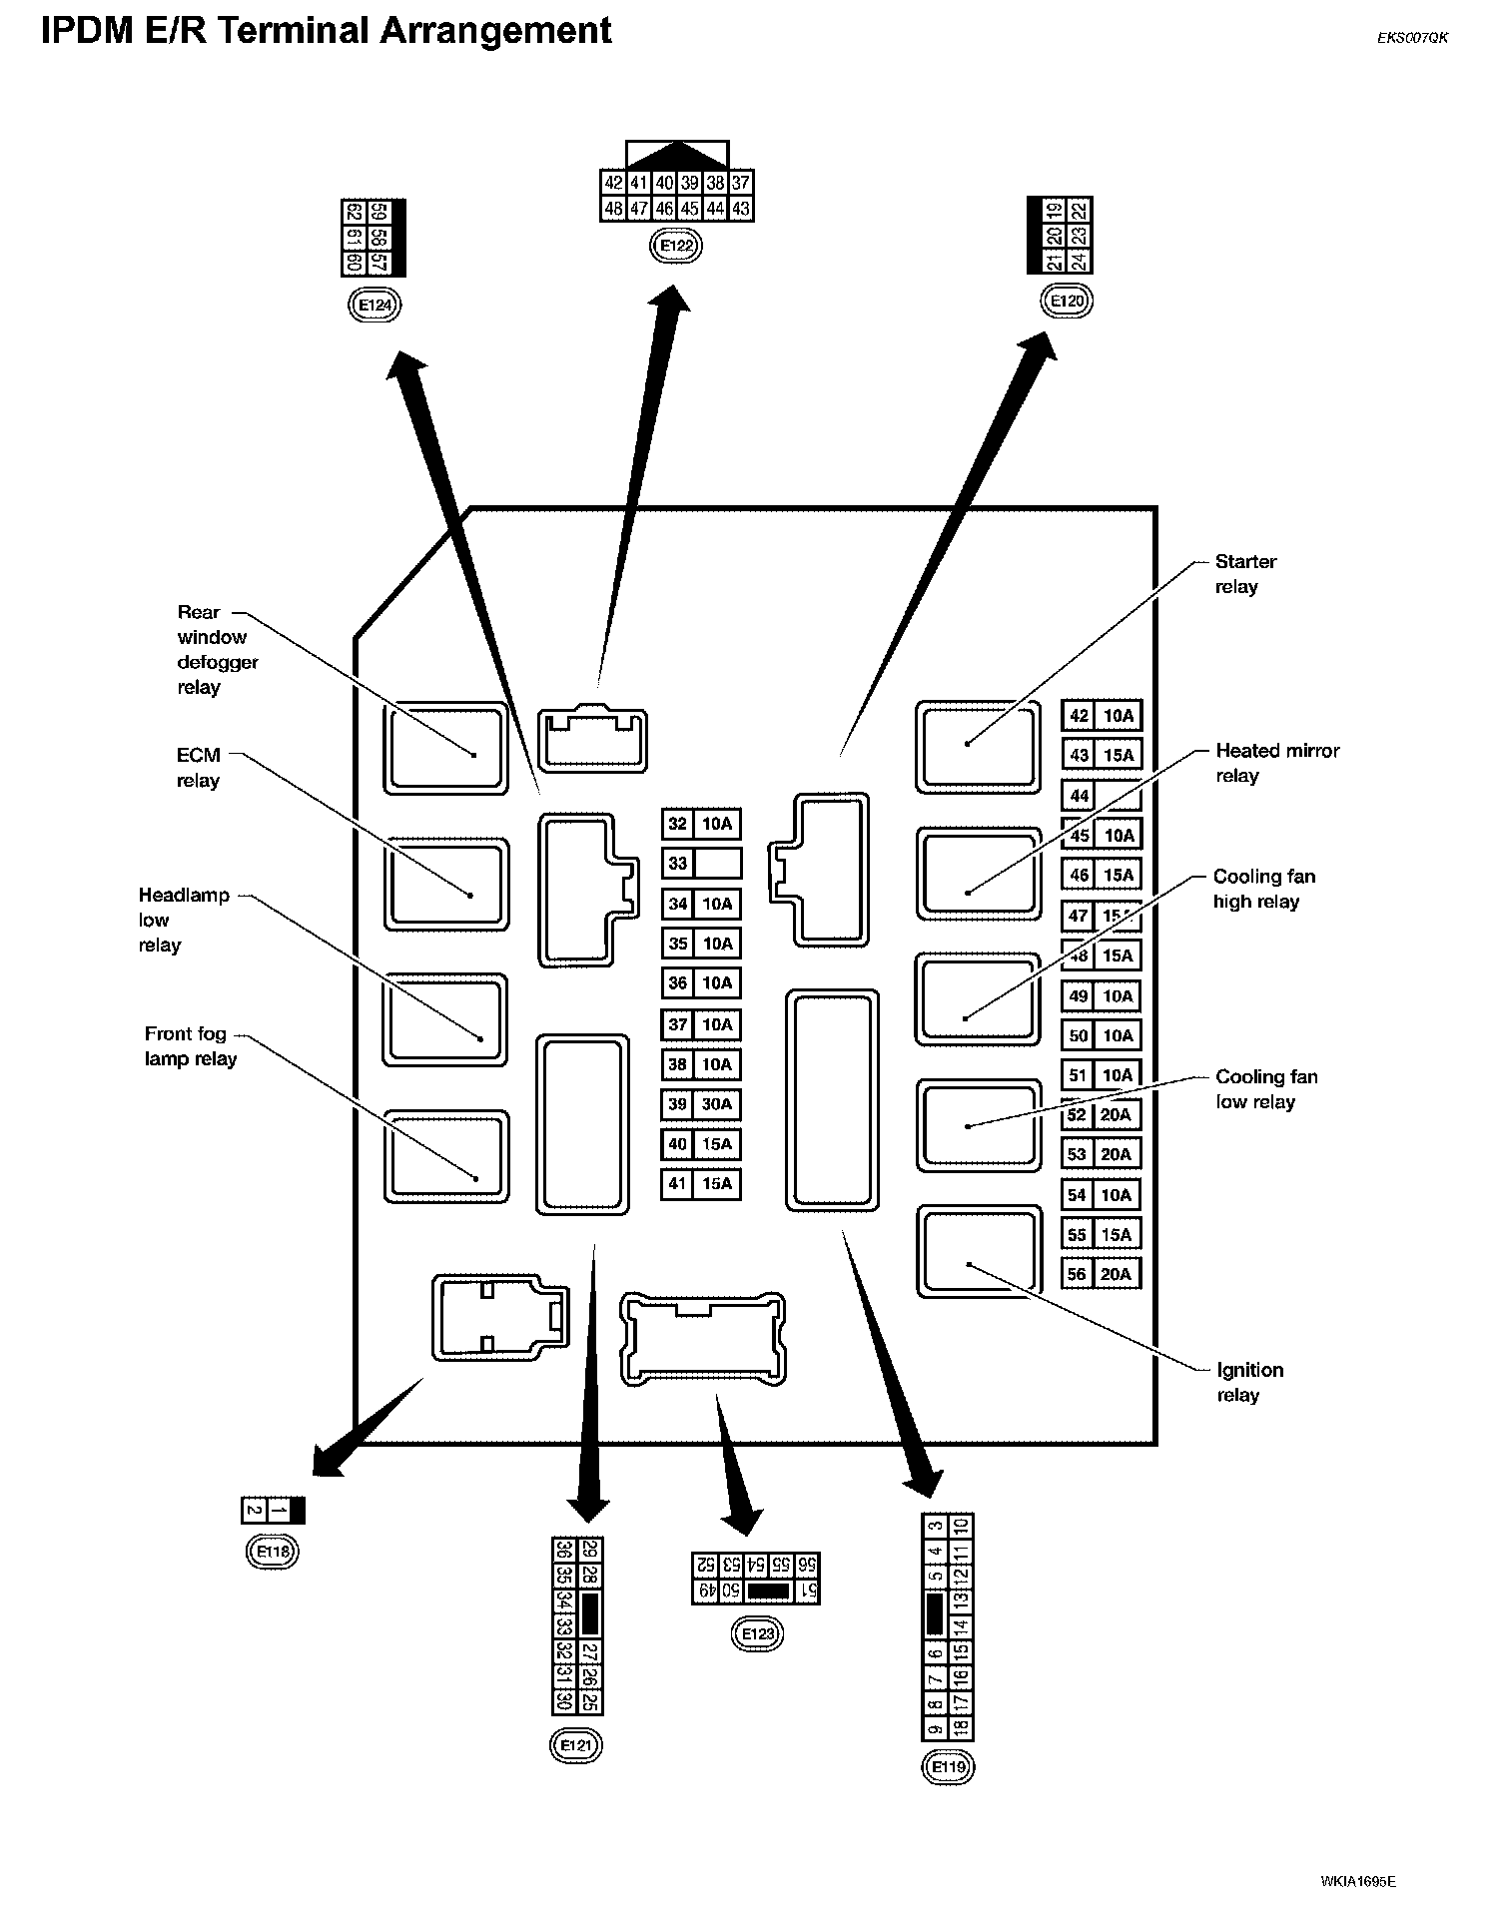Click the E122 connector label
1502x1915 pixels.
(676, 246)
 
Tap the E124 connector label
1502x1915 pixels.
(375, 305)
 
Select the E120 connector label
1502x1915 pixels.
(1067, 301)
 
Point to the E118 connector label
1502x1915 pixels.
(273, 1551)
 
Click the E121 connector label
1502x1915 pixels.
(576, 1744)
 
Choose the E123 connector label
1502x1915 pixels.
(757, 1633)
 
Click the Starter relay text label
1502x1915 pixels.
(1244, 574)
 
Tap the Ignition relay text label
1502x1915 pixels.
(1248, 1382)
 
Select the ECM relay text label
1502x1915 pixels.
(198, 768)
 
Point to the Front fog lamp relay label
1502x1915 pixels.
(190, 1046)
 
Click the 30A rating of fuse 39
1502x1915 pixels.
(717, 1104)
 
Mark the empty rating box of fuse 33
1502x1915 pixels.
(717, 863)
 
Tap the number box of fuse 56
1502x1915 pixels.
(1077, 1274)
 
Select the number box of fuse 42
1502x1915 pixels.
(1079, 716)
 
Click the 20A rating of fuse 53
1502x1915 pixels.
(1116, 1155)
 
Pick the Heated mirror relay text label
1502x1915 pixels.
(1276, 763)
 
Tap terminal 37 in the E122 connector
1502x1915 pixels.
(740, 183)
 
